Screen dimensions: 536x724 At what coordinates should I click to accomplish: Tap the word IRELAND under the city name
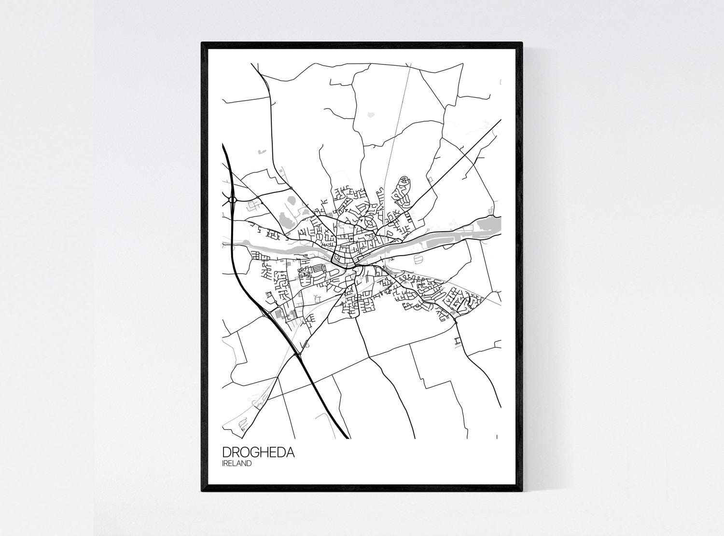(x=237, y=464)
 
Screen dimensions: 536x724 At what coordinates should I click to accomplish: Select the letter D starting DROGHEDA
(x=227, y=453)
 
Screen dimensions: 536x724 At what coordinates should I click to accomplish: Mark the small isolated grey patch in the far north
(x=371, y=115)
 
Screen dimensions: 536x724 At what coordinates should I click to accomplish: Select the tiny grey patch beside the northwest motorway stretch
(x=261, y=151)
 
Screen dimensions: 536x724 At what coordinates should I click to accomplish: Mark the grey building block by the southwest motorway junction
(x=278, y=314)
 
